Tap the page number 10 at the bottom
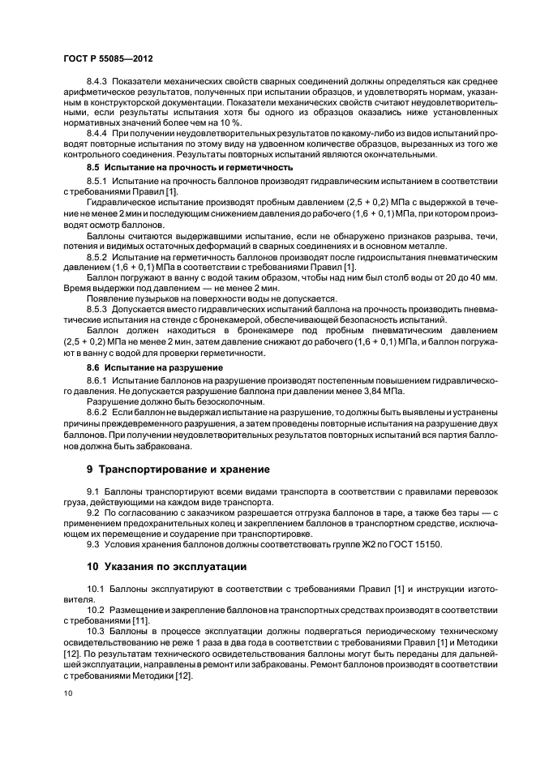tap(68, 694)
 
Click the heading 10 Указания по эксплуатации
tap(168, 566)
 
